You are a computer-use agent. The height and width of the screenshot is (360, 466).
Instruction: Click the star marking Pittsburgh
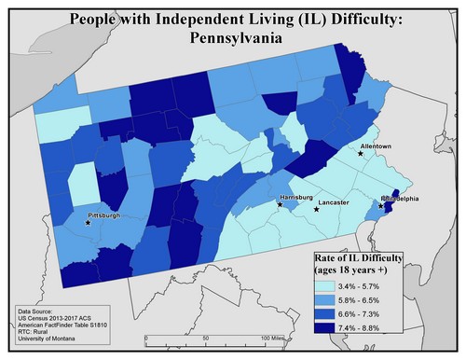click(88, 223)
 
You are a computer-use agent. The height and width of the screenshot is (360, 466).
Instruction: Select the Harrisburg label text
click(297, 199)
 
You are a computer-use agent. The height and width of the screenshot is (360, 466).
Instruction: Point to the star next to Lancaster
click(316, 209)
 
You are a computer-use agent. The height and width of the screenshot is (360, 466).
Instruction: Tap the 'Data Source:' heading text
click(40, 307)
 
